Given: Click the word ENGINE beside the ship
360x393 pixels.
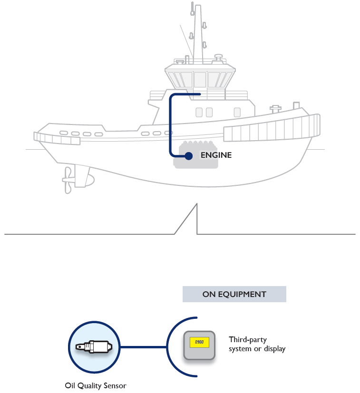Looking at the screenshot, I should pos(216,155).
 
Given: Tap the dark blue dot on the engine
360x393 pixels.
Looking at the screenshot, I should pos(188,155).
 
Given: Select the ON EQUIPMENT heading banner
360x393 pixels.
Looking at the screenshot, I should pos(234,294).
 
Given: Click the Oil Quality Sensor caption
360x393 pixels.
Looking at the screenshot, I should pos(96,385).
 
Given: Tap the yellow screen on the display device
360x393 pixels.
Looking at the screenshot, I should pos(200,342).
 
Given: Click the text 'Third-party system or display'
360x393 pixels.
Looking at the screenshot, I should pos(257,345).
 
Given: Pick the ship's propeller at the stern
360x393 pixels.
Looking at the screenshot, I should pos(68,181).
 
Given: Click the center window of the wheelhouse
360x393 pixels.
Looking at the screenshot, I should pos(200,79).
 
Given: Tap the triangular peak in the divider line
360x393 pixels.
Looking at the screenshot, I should pos(195,209).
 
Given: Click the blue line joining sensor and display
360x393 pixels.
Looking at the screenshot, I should pos(143,347).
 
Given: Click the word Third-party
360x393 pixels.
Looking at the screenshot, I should pos(248,340).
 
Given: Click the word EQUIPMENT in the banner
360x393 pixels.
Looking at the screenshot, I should pos(242,294).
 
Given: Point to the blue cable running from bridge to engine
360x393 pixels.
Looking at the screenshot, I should pos(171,124).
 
